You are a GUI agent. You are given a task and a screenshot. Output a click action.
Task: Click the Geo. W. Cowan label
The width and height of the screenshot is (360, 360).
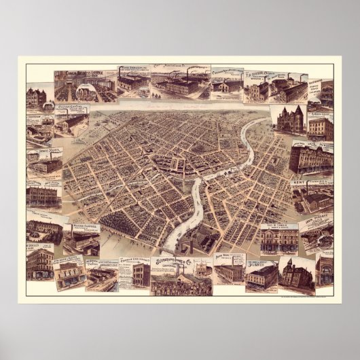[279, 228]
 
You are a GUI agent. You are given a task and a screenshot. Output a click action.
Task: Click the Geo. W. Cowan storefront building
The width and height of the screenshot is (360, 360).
[278, 242]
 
